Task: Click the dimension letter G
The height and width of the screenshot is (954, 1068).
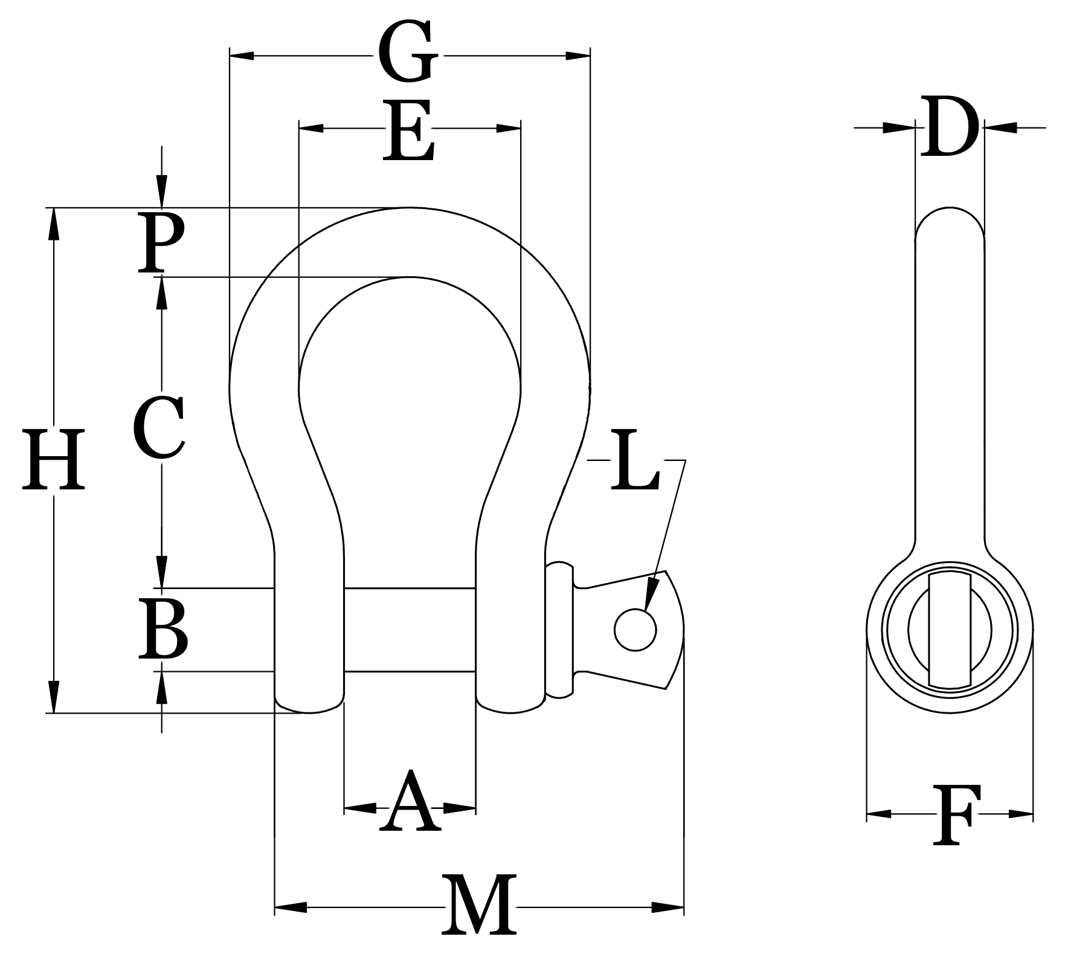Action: click(408, 53)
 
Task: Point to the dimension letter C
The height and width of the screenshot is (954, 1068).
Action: click(159, 427)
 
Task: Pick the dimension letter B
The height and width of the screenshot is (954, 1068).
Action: click(162, 628)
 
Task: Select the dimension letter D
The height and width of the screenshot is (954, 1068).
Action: click(948, 127)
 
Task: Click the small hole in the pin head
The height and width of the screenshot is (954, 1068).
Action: click(635, 630)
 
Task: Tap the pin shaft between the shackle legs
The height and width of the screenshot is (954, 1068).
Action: click(410, 629)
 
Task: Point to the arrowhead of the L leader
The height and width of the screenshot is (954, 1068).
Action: click(649, 598)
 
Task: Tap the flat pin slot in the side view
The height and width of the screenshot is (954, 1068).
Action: click(950, 630)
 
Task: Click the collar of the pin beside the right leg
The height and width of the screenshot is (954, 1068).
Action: click(559, 630)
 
